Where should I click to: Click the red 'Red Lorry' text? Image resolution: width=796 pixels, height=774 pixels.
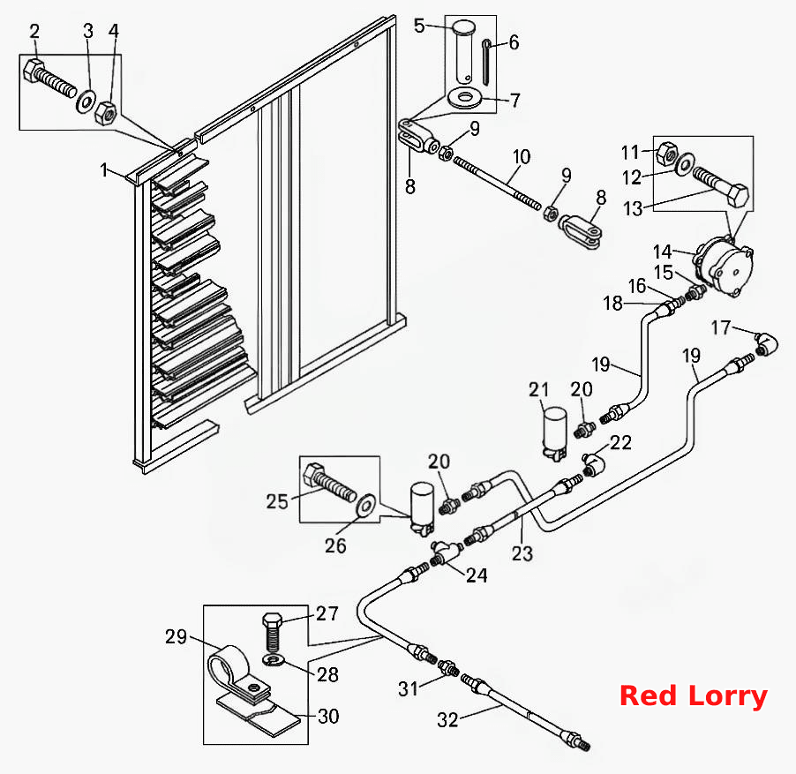(x=693, y=695)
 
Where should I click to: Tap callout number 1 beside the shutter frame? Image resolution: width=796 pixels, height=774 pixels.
(x=104, y=170)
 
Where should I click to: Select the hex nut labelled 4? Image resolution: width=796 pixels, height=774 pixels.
(x=106, y=113)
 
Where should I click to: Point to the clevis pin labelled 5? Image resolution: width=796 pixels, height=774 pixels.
(x=463, y=52)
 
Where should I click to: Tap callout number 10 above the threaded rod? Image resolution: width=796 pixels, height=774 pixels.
(x=522, y=157)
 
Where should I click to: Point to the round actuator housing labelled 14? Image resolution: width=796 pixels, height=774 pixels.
(x=725, y=268)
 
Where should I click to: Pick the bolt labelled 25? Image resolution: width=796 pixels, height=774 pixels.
(x=329, y=482)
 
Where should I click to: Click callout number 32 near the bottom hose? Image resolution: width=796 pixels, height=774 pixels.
(x=447, y=719)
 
